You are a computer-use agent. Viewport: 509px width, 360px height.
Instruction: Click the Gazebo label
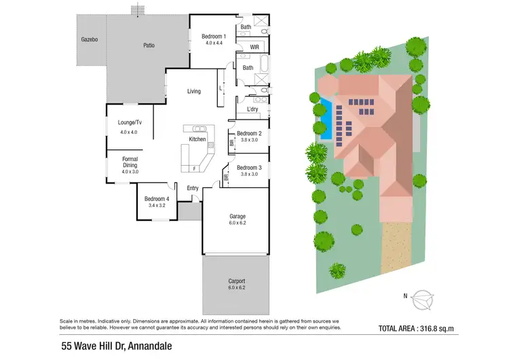(89, 39)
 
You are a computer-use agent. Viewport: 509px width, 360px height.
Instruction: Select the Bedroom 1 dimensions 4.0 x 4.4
(213, 43)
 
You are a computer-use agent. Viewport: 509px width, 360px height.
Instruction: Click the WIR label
(254, 47)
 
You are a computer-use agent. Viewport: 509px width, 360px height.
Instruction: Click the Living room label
(194, 91)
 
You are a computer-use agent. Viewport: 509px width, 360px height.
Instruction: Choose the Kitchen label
(197, 139)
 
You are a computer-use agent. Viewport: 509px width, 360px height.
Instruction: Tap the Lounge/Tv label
(129, 123)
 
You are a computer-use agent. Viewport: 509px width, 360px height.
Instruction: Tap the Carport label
(237, 281)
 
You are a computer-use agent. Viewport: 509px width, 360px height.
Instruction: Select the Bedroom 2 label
(249, 134)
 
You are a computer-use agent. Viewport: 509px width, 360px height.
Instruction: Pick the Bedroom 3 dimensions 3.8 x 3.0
(249, 175)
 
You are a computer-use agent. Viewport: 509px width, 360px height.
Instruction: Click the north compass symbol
(423, 297)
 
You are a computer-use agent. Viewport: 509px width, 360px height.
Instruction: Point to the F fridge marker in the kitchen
(195, 167)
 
